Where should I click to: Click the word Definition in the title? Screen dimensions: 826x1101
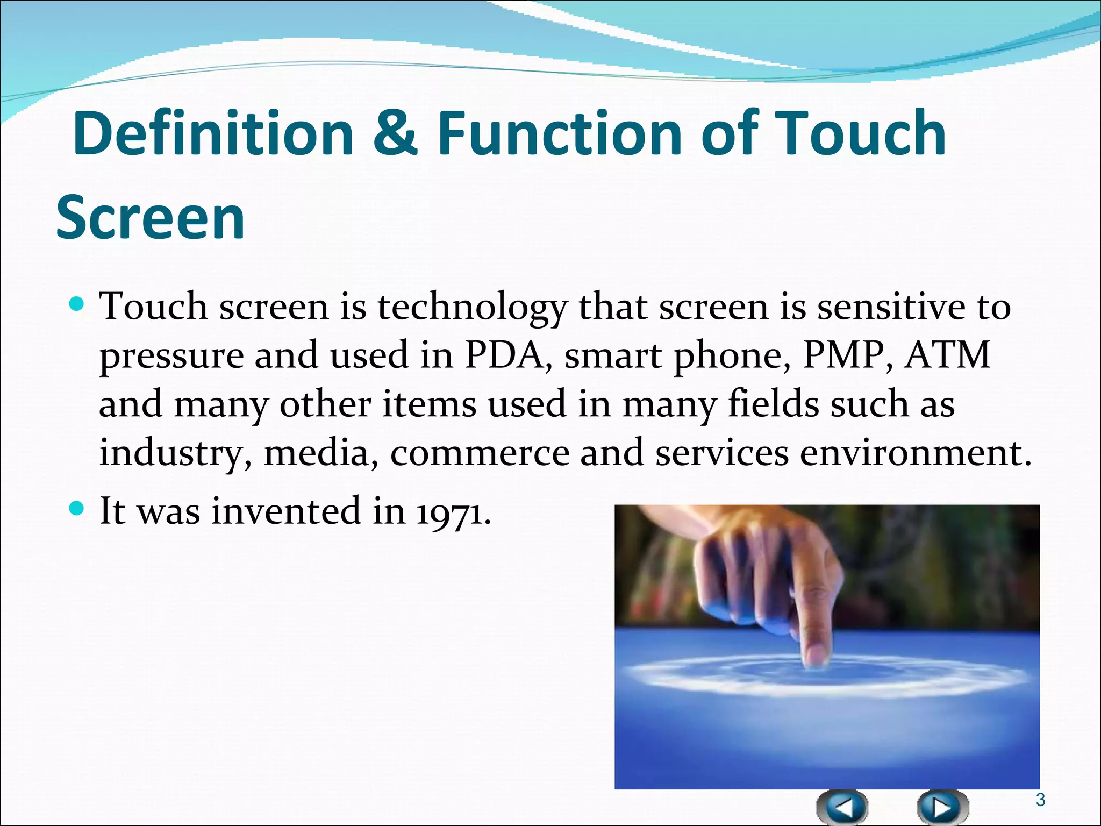click(213, 133)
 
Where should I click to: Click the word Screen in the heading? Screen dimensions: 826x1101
click(151, 218)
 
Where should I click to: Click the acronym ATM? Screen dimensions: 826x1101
click(947, 355)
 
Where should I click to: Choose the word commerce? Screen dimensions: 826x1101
click(480, 453)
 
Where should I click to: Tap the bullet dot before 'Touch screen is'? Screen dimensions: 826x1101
click(77, 305)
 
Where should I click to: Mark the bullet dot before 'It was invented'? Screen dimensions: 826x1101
click(77, 508)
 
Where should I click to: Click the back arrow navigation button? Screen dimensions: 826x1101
click(842, 807)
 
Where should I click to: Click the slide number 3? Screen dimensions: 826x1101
click(1040, 800)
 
